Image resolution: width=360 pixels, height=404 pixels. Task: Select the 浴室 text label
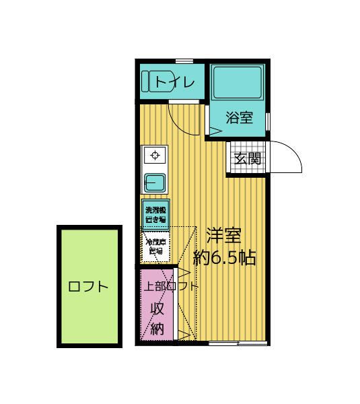click(239, 118)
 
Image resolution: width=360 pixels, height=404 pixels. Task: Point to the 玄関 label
click(248, 159)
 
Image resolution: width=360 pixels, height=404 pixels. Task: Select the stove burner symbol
click(155, 156)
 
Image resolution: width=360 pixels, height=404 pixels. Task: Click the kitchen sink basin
click(155, 181)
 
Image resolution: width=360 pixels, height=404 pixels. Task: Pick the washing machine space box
click(155, 214)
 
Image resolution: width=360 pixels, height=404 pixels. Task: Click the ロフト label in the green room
click(88, 286)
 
